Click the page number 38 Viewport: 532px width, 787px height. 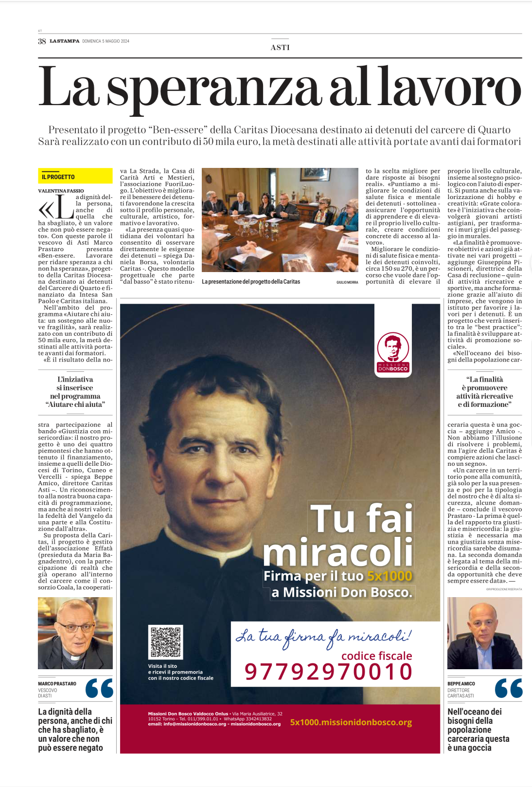(x=42, y=41)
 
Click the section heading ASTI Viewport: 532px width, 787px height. (x=280, y=47)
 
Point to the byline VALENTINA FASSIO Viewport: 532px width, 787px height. (x=61, y=191)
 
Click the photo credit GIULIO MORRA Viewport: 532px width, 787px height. (x=347, y=282)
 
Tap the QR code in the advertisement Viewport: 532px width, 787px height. (x=165, y=642)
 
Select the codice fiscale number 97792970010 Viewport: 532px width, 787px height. (x=329, y=672)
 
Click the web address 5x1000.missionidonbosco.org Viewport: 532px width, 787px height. (x=351, y=722)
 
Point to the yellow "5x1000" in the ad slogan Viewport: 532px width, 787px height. (x=390, y=576)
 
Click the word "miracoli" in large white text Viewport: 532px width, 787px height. (x=338, y=552)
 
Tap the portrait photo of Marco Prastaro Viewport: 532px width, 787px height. (x=75, y=633)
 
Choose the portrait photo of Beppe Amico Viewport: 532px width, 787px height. (x=484, y=633)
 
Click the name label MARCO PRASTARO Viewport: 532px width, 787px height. (x=57, y=684)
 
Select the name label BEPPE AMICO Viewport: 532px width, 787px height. (x=461, y=684)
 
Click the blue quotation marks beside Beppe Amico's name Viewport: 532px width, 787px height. (x=508, y=688)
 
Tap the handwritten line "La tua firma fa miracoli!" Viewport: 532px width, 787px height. (x=323, y=637)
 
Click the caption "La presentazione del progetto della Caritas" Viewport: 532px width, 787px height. (x=251, y=282)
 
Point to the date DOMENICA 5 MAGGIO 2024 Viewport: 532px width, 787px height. (x=106, y=41)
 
